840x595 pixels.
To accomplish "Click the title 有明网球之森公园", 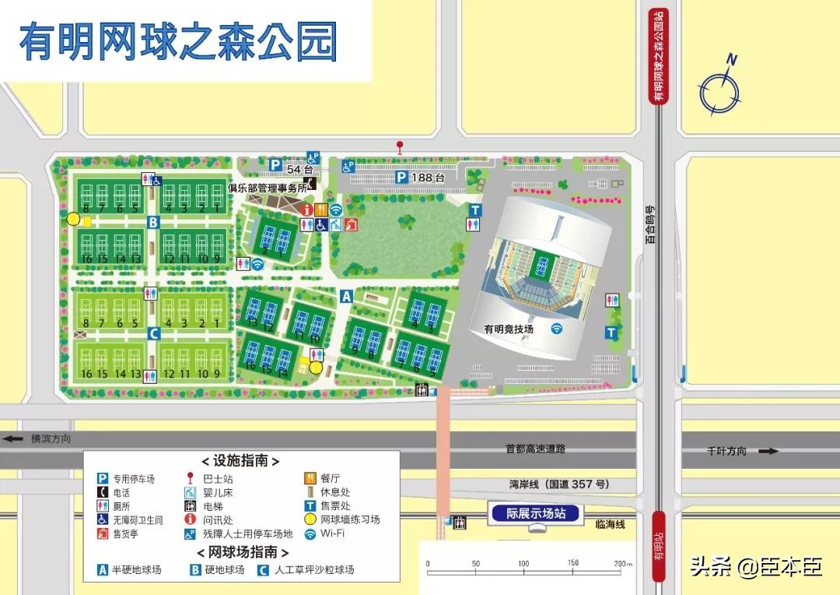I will [x=178, y=41].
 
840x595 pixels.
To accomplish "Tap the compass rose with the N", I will [x=719, y=90].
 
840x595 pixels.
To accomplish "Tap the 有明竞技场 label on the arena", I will [x=509, y=329].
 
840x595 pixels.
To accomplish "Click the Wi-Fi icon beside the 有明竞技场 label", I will [x=557, y=329].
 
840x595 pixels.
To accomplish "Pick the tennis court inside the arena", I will [x=542, y=267].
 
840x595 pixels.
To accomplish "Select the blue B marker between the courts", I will [x=153, y=223].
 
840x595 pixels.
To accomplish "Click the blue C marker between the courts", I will [x=153, y=333].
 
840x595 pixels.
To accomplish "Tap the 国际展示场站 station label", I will [x=536, y=513].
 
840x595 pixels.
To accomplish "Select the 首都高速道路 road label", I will [x=535, y=449].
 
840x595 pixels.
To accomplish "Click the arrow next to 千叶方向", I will [x=768, y=451].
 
